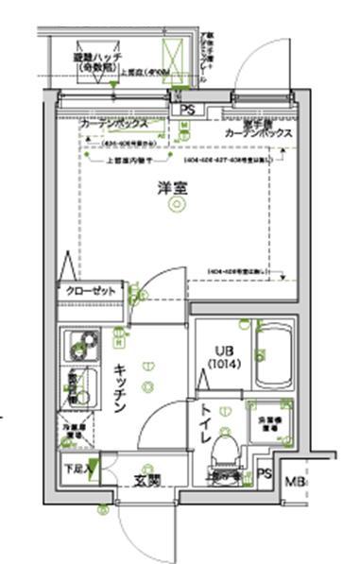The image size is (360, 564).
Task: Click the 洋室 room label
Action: [x=172, y=189]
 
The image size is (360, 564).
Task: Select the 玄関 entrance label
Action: [x=146, y=480]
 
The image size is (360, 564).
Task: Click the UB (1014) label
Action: [x=223, y=356]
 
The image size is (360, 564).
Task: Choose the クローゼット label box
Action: [x=91, y=292]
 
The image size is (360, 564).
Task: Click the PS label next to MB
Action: [x=264, y=474]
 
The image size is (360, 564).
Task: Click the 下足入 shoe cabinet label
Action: [x=77, y=468]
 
